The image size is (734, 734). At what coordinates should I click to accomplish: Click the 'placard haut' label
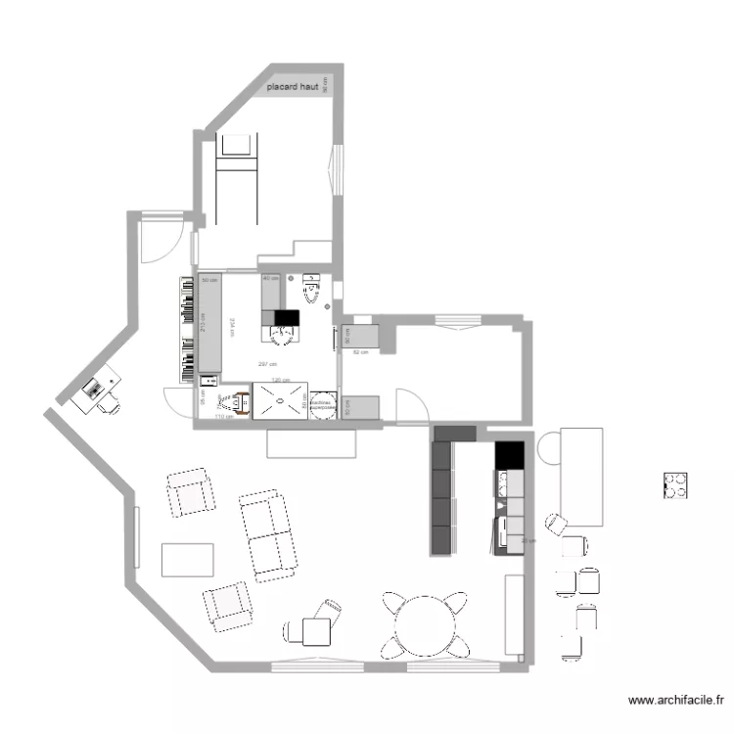300,87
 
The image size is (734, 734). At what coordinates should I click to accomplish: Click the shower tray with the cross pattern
281,400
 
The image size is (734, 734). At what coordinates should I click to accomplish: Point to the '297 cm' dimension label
264,364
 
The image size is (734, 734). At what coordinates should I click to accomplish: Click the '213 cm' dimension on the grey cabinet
203,323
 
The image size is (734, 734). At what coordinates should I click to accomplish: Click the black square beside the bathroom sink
286,317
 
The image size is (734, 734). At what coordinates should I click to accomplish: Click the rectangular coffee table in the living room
187,559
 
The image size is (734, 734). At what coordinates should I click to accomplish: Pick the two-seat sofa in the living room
267,535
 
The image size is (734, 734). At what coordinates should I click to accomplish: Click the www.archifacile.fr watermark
676,700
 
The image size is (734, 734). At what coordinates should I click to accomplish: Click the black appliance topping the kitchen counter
509,456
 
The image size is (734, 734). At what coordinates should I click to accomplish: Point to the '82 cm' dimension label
359,351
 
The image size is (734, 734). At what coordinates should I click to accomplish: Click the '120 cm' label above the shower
281,380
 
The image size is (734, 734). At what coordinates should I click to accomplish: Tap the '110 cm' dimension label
222,417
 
